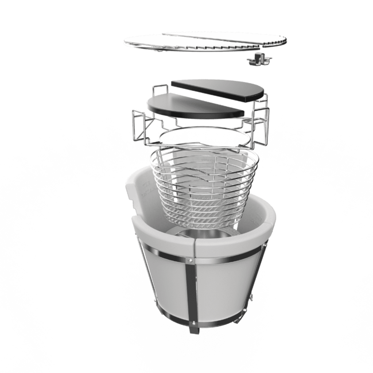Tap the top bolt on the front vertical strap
click(191, 262)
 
